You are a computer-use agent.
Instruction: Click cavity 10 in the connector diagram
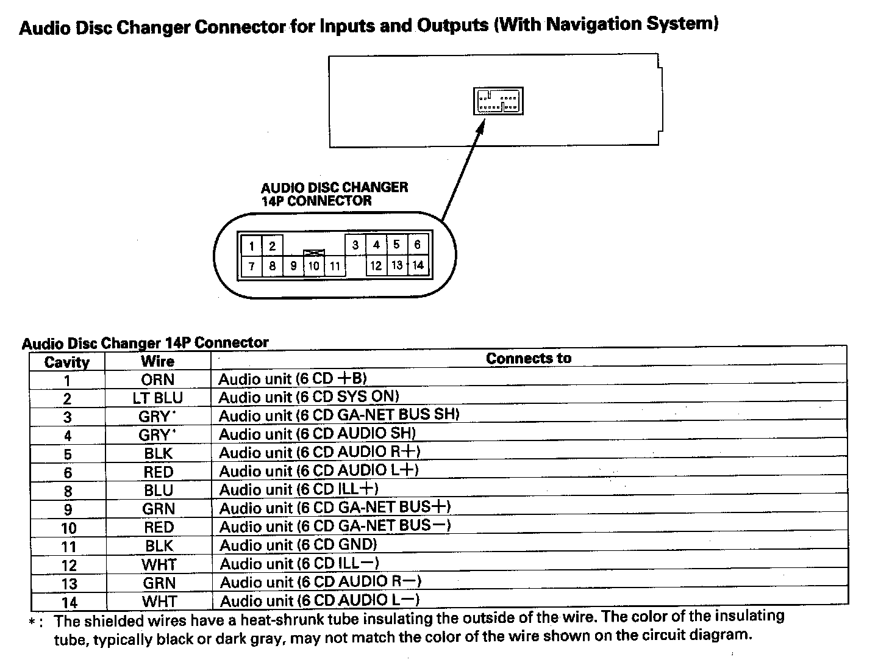[x=313, y=266]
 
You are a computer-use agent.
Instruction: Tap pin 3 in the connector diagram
[x=355, y=245]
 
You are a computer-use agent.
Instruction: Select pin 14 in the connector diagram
[x=418, y=265]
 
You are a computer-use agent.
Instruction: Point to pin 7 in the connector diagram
[x=251, y=266]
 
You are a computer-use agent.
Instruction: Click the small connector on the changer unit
[x=498, y=101]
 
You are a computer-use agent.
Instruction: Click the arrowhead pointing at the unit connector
[x=480, y=126]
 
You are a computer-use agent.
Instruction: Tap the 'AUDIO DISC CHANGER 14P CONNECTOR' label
[x=334, y=194]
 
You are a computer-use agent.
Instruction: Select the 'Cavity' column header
[x=67, y=362]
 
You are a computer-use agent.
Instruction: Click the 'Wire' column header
[x=158, y=361]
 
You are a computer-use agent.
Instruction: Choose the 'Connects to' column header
[x=529, y=359]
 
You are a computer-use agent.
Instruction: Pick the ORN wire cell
[x=158, y=379]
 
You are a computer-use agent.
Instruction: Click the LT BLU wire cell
[x=158, y=398]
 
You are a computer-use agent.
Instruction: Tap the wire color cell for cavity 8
[x=159, y=491]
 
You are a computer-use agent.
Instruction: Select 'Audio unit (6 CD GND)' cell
[x=298, y=545]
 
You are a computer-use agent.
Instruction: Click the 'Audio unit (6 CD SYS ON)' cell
[x=309, y=398]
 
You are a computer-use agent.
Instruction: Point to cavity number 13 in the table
[x=69, y=584]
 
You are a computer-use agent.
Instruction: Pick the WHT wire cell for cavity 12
[x=159, y=564]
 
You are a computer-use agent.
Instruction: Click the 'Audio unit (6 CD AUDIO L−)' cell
[x=319, y=601]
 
